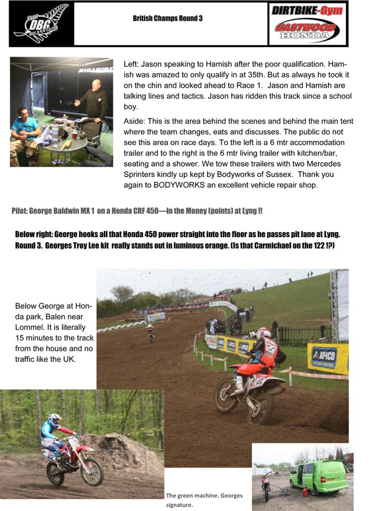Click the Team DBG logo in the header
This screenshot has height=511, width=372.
(41, 24)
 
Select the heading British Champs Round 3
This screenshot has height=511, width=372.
(168, 18)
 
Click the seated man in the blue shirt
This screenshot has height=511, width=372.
(24, 132)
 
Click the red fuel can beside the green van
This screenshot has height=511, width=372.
(307, 492)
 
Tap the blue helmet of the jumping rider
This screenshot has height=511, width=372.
(54, 419)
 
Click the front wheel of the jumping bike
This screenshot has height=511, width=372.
(92, 471)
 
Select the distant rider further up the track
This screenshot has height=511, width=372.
(151, 332)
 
